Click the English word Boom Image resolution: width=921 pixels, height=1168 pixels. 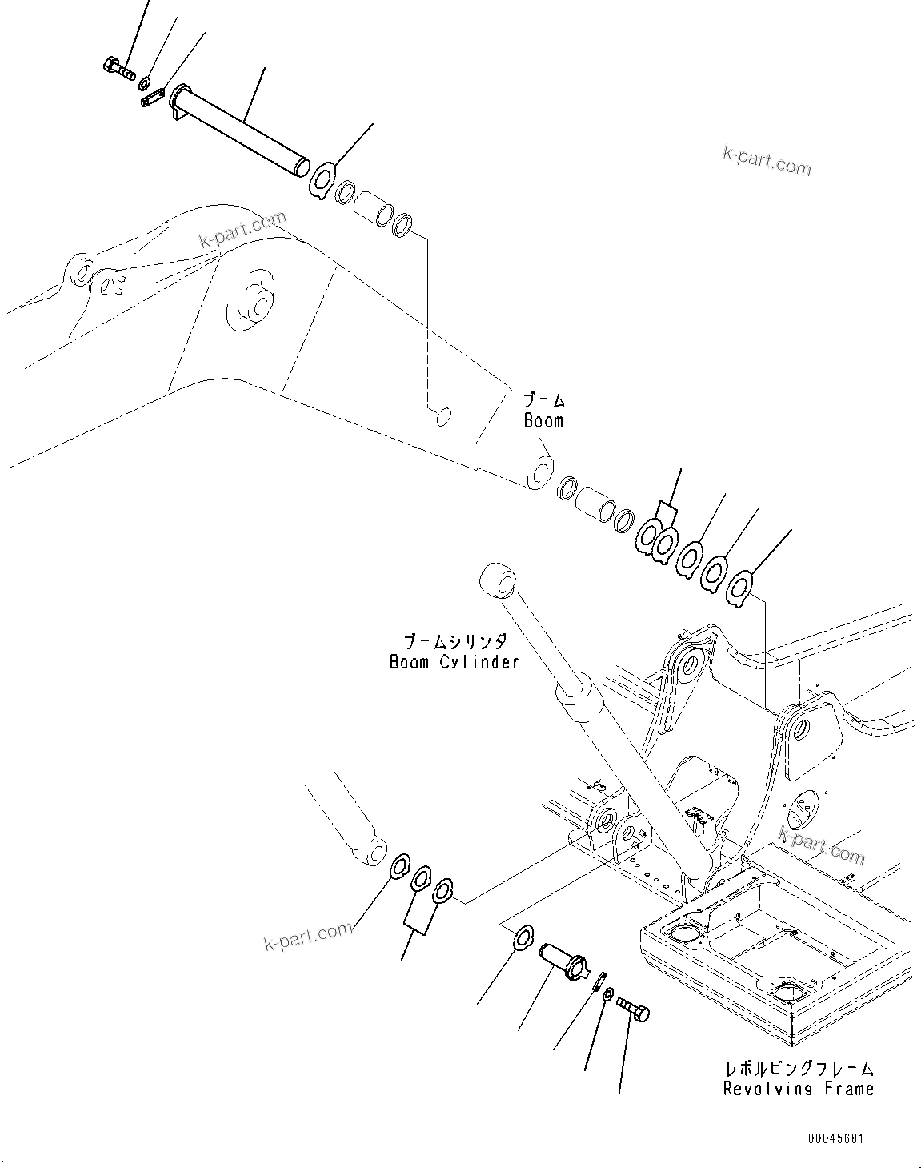click(x=543, y=420)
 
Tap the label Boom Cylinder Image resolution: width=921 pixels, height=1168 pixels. click(x=454, y=661)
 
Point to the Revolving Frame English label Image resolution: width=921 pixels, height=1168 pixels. click(x=798, y=1088)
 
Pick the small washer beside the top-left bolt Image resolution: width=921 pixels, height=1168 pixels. click(x=145, y=83)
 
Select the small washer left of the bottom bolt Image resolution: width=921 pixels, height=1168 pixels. click(x=608, y=993)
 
